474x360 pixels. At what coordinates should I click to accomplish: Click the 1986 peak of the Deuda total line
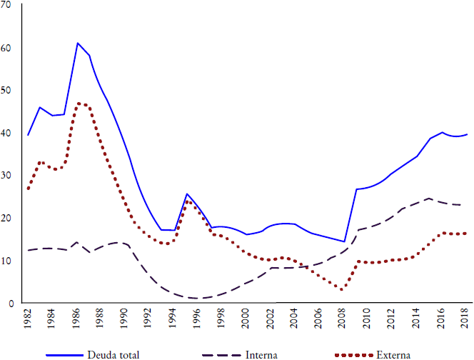[77, 44]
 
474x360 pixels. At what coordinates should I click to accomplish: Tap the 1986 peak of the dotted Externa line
[78, 103]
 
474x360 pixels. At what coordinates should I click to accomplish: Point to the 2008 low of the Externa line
[343, 289]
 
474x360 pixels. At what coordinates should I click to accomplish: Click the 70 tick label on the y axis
[9, 5]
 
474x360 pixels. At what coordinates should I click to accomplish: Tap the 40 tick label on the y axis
[9, 133]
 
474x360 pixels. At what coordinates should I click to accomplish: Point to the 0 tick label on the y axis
[12, 304]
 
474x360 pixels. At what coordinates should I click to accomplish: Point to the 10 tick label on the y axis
[9, 261]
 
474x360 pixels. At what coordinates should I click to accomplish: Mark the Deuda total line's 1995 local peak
[186, 194]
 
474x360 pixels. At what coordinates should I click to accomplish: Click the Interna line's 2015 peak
[428, 199]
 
